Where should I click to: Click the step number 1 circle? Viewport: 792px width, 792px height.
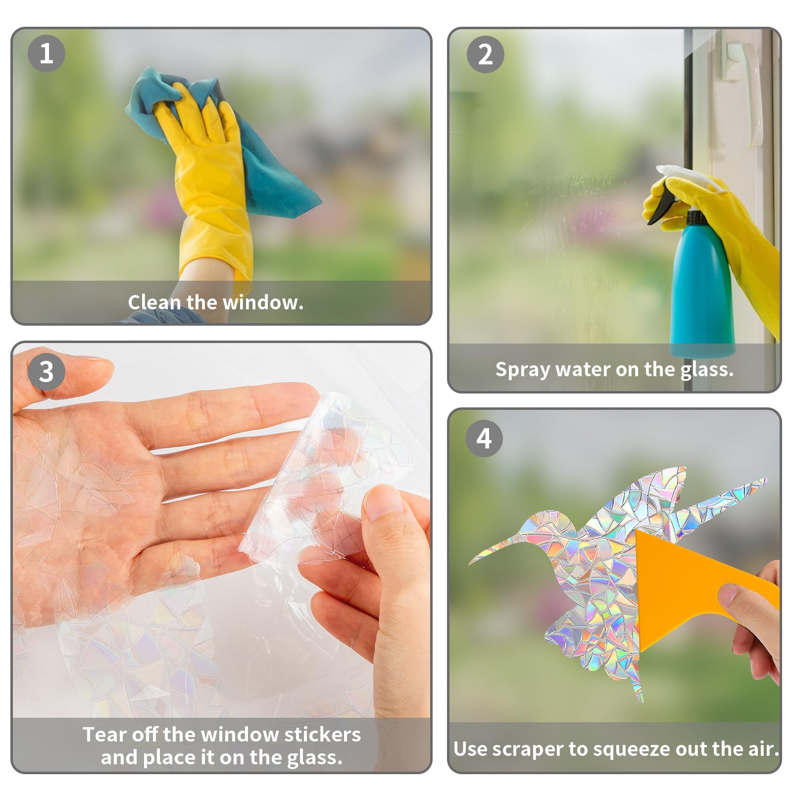pyautogui.click(x=46, y=53)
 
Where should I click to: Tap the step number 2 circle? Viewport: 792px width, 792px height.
pyautogui.click(x=485, y=54)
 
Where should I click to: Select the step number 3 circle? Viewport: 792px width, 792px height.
pyautogui.click(x=46, y=371)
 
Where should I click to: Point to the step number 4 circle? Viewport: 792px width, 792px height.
pyautogui.click(x=484, y=438)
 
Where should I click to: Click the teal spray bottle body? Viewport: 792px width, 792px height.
pyautogui.click(x=702, y=292)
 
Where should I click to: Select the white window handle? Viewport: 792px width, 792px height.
pyautogui.click(x=742, y=89)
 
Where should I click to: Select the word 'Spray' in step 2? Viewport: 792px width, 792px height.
pyautogui.click(x=523, y=370)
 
